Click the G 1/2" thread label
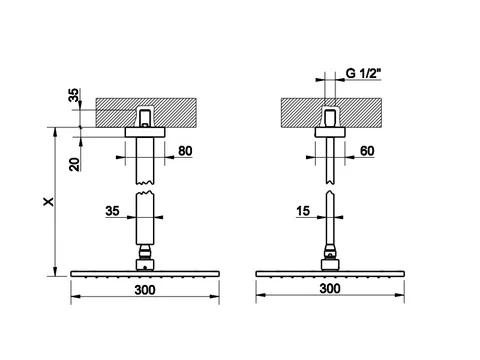click(363, 73)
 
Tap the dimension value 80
click(185, 151)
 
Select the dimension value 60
click(367, 151)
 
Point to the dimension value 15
click(303, 211)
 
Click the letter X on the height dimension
click(49, 201)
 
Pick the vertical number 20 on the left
click(75, 164)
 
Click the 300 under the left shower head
click(145, 290)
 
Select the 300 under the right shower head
click(330, 288)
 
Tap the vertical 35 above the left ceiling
click(74, 95)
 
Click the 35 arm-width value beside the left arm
click(112, 211)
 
